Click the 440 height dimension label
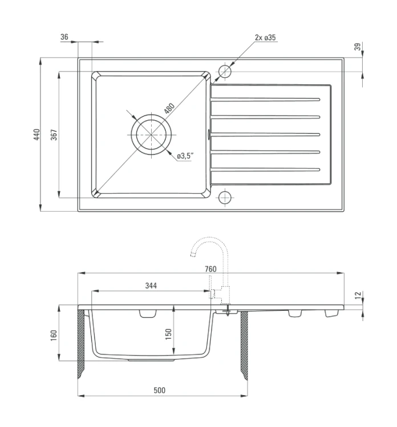pyautogui.click(x=37, y=134)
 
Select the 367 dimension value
pyautogui.click(x=54, y=134)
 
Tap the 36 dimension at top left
pyautogui.click(x=64, y=37)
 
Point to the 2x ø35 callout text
pyautogui.click(x=265, y=38)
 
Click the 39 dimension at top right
pyautogui.click(x=358, y=47)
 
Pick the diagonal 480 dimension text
pyautogui.click(x=169, y=108)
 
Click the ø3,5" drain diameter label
pyautogui.click(x=185, y=156)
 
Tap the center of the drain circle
pyautogui.click(x=151, y=134)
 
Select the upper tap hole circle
pyautogui.click(x=225, y=72)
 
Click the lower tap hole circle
pyautogui.click(x=225, y=198)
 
